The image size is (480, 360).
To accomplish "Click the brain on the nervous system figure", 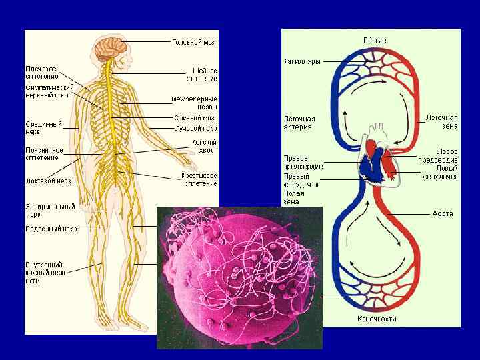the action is coord(107,47).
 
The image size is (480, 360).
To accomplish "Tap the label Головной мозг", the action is coord(194,42).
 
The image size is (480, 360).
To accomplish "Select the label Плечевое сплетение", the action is coord(41,72).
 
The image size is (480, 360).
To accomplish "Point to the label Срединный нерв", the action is coord(44,127).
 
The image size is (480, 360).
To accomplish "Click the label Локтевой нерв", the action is coord(49,181).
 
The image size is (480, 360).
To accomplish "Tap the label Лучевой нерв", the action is coord(195,127).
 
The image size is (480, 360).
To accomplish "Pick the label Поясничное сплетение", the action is coord(45,154).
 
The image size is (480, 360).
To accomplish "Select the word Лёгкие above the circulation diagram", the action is coord(374,41).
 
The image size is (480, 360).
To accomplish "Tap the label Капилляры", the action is coord(302,61).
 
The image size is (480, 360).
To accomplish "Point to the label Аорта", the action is coord(443,213).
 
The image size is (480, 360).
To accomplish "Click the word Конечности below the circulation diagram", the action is coord(377,318).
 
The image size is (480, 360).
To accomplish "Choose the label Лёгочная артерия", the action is coord(299,123).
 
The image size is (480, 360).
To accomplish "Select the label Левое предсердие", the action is coord(437,155).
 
